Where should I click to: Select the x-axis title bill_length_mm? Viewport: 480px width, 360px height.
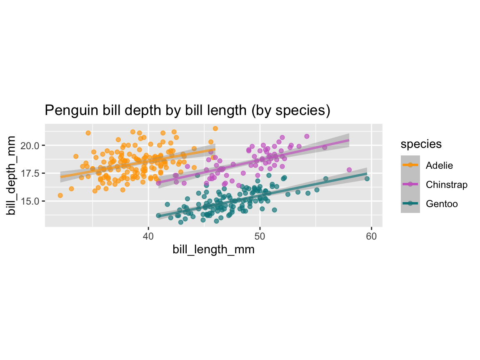point(213,250)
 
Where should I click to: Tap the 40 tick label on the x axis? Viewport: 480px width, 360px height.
point(148,236)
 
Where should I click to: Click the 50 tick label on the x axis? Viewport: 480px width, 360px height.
point(260,236)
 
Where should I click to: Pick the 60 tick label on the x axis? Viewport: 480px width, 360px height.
point(372,236)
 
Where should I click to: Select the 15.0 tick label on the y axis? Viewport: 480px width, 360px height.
point(31,201)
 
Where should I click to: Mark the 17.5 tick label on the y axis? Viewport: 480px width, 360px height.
point(31,173)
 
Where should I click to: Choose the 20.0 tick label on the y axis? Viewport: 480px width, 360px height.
point(31,145)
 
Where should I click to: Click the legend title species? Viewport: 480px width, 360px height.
point(421,144)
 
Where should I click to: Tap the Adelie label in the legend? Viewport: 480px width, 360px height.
point(439,165)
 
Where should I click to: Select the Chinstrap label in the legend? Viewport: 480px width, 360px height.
point(447,185)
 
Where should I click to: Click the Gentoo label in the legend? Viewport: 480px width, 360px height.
point(442,204)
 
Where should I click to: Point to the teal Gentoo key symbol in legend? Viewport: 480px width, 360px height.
point(410,204)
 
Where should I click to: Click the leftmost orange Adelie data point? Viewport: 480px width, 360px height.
point(60,195)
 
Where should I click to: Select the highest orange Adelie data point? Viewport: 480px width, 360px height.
point(215,128)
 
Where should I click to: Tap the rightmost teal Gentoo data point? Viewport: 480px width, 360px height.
point(367,179)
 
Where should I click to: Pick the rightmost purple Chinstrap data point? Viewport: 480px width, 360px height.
point(349,170)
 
